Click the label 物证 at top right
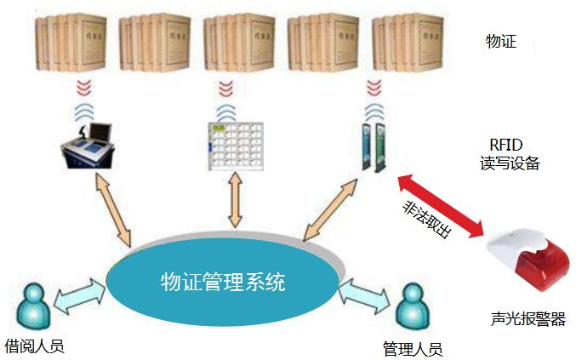tap(501, 41)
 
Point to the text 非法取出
tap(426, 220)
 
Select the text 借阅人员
tap(34, 345)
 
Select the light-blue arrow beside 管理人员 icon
tap(367, 294)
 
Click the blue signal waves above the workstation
tap(83, 112)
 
